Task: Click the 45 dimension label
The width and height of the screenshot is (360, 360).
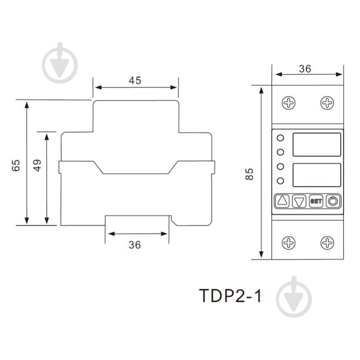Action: point(135,81)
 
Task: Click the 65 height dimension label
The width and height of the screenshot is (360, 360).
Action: point(16,165)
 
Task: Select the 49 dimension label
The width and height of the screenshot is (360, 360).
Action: point(38,165)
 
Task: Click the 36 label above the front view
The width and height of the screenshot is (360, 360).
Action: point(305,68)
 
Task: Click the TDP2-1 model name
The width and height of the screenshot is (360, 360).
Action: point(230,297)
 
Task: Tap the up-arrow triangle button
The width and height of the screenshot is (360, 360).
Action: point(282,201)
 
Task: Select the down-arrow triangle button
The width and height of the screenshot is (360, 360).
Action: point(299,201)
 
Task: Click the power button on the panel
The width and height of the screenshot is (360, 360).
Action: point(333,201)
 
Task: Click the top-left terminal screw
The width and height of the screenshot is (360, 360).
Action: point(288,103)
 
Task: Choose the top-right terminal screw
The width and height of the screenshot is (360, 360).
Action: point(327,103)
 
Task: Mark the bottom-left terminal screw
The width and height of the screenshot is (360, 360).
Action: point(288,243)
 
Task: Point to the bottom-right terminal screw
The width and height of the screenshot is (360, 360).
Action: point(327,243)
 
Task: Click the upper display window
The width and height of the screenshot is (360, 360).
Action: point(316,145)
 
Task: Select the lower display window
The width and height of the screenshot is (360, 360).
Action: point(316,175)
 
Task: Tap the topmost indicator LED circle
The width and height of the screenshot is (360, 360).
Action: point(280,138)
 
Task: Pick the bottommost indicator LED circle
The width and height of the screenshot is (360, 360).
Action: point(280,181)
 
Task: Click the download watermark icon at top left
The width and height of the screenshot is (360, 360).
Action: point(60,64)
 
